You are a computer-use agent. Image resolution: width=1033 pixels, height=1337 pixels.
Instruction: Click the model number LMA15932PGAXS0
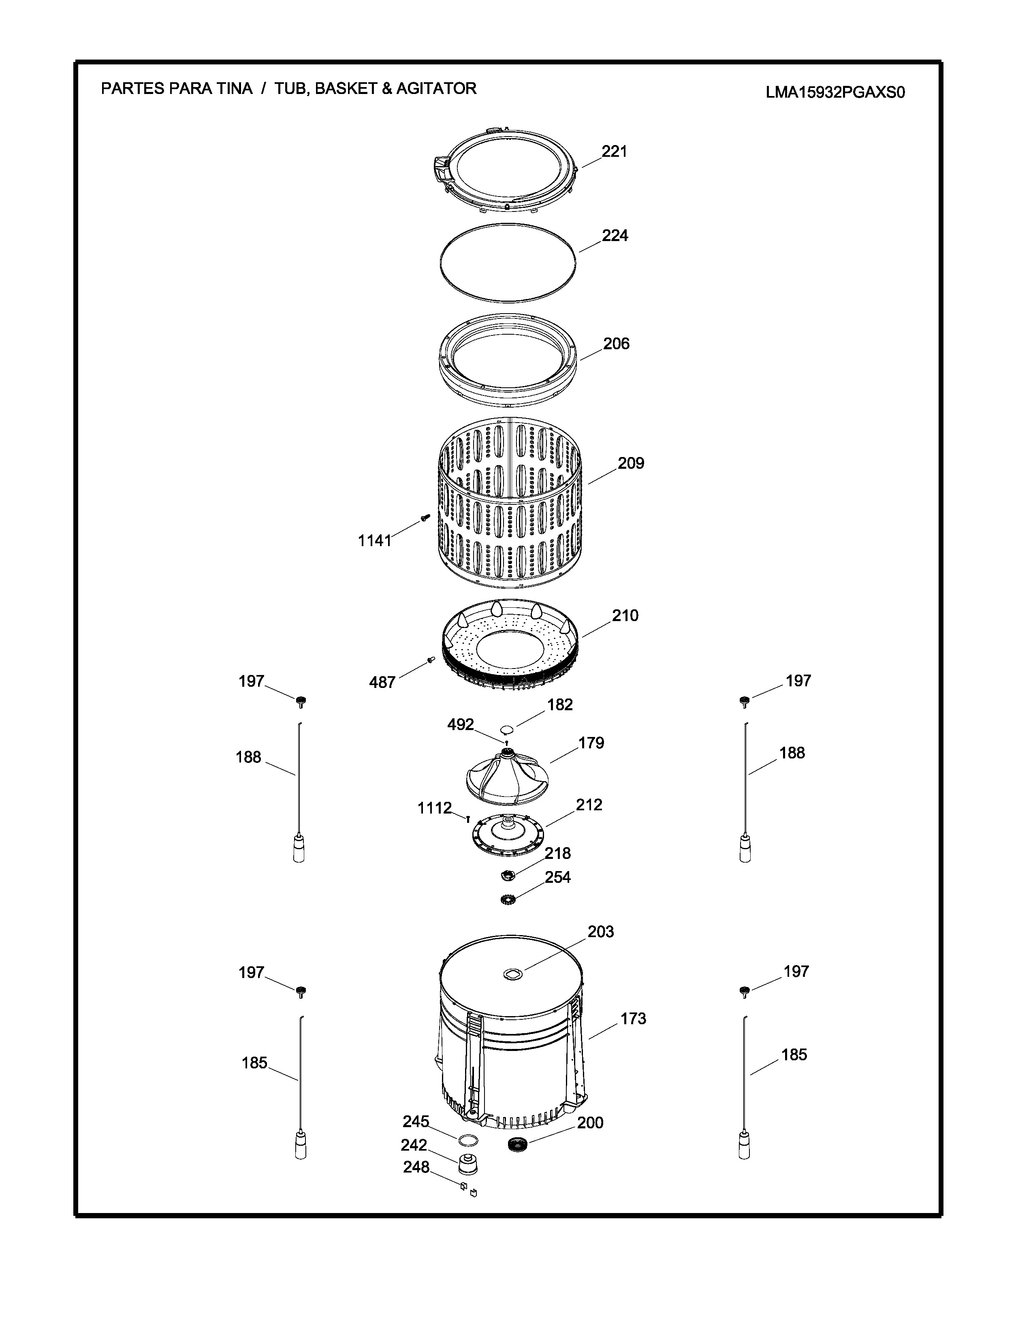pos(835,92)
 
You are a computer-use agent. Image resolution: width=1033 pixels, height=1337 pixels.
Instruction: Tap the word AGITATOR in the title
pos(436,89)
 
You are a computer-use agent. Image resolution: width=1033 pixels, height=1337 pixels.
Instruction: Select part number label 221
pos(615,151)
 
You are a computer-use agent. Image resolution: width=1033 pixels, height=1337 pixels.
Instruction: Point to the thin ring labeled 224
pos(508,263)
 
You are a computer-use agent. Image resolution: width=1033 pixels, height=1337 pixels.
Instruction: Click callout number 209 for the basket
pos(630,463)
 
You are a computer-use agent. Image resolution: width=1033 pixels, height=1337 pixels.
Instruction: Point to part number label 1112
pos(435,808)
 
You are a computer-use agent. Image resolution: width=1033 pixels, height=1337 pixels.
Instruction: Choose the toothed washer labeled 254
pos(507,900)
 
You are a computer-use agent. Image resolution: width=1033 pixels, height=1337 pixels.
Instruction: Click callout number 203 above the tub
pos(600,932)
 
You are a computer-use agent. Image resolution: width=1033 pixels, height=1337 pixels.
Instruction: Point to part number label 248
pos(416,1167)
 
